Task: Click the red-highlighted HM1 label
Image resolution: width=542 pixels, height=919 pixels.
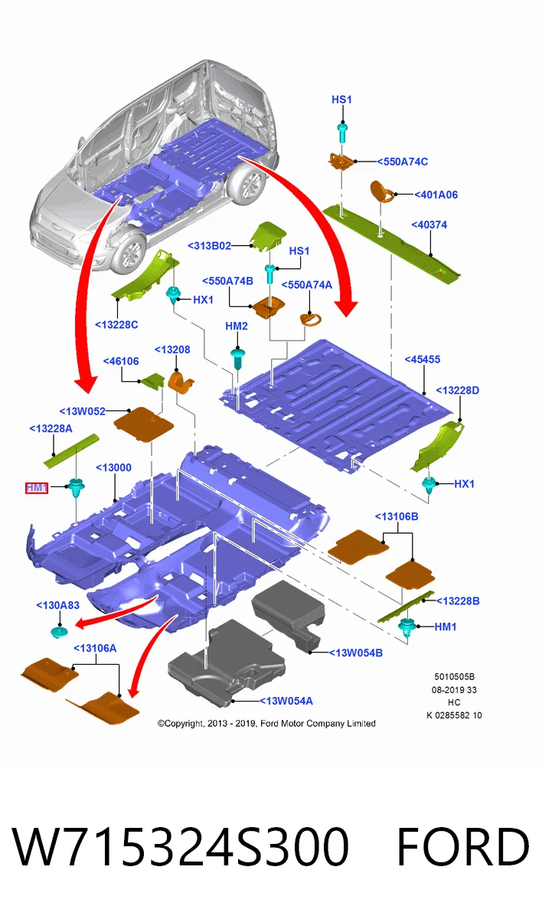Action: pyautogui.click(x=37, y=487)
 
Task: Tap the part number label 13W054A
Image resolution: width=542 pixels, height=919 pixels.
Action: pyautogui.click(x=286, y=701)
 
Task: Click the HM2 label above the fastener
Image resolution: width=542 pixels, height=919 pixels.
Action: pyautogui.click(x=237, y=325)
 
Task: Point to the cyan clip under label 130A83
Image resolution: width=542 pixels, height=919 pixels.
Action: pyautogui.click(x=60, y=632)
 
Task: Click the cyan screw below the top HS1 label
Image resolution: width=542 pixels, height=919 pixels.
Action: pyautogui.click(x=342, y=132)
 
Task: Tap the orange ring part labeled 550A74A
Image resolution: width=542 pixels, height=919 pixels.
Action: pyautogui.click(x=310, y=319)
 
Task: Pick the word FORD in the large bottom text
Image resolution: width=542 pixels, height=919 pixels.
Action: pyautogui.click(x=463, y=846)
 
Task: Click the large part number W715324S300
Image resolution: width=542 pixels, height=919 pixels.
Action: pyautogui.click(x=181, y=846)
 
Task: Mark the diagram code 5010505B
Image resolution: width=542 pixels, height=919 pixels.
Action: pyautogui.click(x=454, y=676)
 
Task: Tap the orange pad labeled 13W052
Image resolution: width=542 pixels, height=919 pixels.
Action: pyautogui.click(x=143, y=424)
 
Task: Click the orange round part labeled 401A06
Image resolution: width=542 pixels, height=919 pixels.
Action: pyautogui.click(x=381, y=191)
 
